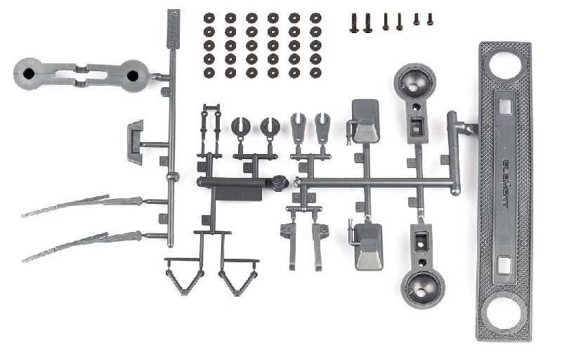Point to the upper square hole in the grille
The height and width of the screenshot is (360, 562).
point(504,106)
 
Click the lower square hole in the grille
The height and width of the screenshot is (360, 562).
point(504,264)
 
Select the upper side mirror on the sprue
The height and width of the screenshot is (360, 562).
point(365,121)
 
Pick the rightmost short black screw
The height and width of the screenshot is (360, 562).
point(429,19)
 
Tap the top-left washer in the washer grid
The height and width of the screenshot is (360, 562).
point(209,18)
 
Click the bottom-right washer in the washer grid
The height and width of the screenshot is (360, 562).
point(315,72)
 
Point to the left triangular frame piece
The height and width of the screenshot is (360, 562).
point(183,278)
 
